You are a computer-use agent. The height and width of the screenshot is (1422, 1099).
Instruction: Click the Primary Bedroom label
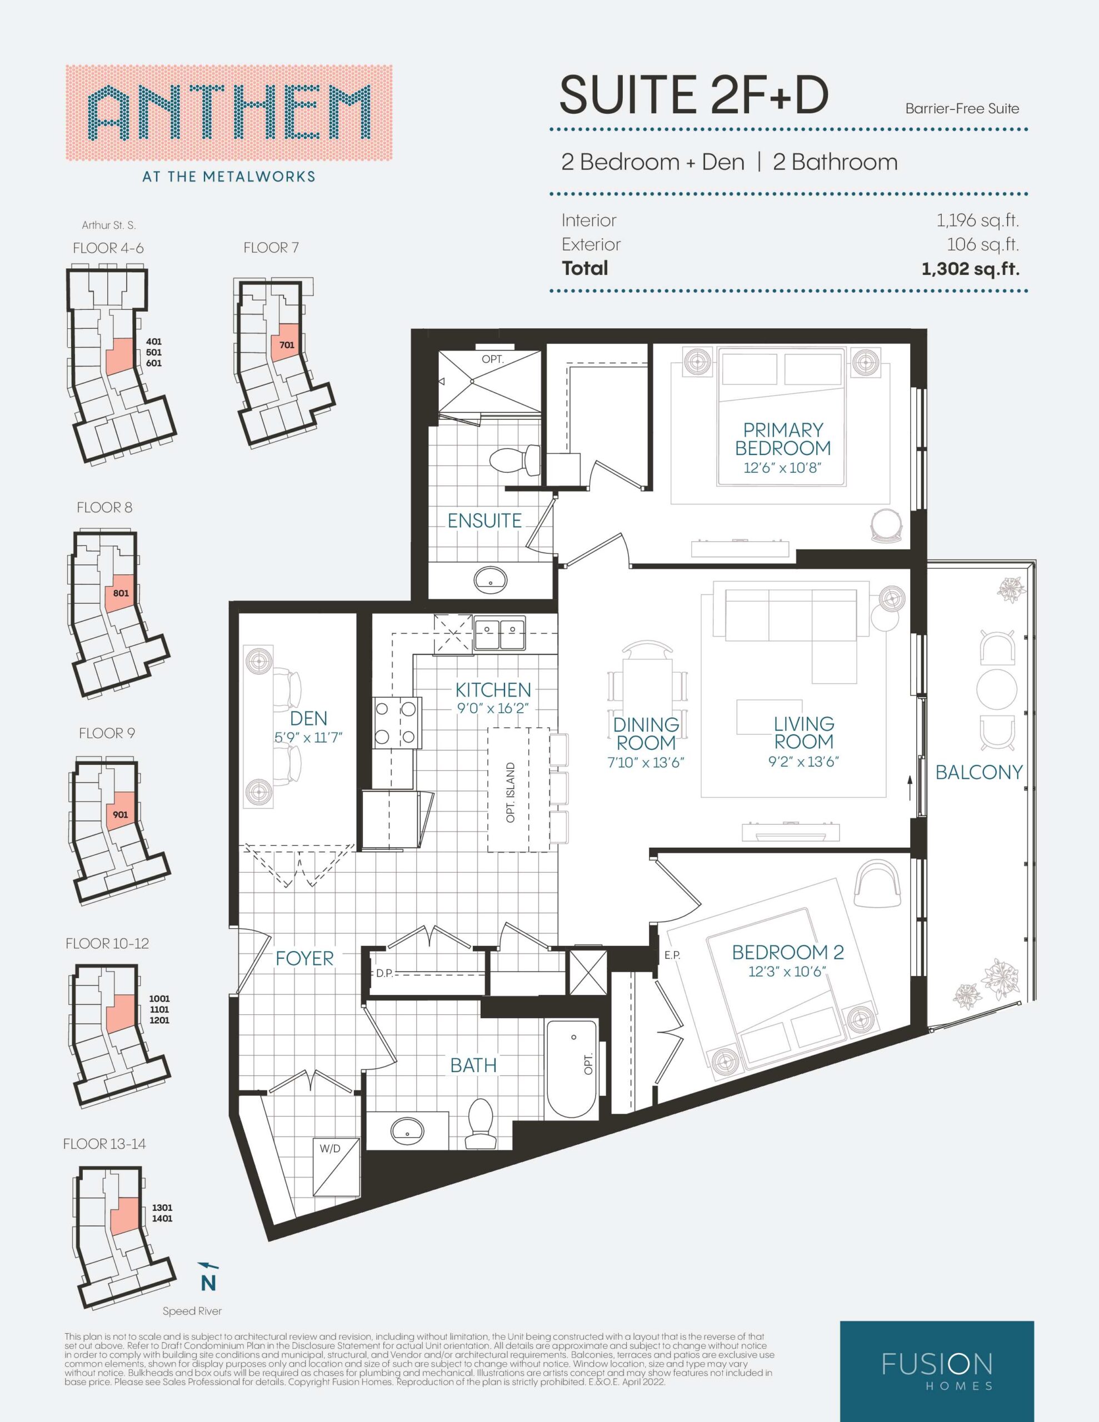pyautogui.click(x=782, y=439)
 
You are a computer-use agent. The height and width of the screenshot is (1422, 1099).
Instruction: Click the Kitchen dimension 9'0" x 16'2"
pyautogui.click(x=493, y=707)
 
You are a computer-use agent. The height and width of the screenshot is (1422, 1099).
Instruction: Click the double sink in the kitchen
pyautogui.click(x=499, y=633)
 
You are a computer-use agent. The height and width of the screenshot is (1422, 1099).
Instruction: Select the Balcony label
pyautogui.click(x=978, y=772)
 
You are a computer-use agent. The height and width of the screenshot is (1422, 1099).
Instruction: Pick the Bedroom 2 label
pyautogui.click(x=788, y=953)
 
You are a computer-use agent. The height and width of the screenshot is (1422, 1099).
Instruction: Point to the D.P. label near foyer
pyautogui.click(x=384, y=974)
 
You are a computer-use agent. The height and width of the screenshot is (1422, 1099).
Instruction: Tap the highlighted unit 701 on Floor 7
pyautogui.click(x=286, y=346)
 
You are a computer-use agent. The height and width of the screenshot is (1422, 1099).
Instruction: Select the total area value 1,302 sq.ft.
pyautogui.click(x=970, y=268)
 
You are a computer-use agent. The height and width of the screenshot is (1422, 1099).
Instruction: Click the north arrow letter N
pyautogui.click(x=208, y=1283)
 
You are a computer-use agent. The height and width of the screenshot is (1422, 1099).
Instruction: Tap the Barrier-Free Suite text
pyautogui.click(x=962, y=109)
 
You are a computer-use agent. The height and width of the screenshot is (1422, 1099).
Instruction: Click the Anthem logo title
pyautogui.click(x=229, y=113)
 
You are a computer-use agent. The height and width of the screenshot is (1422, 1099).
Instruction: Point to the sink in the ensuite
pyautogui.click(x=491, y=579)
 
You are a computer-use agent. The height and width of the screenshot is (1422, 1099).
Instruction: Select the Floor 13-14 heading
pyautogui.click(x=104, y=1143)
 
